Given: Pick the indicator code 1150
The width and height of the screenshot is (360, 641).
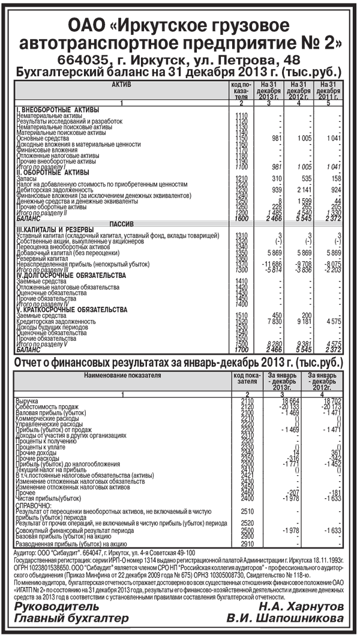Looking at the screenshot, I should coord(242,139).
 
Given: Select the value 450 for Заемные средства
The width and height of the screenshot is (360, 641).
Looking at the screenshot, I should coord(277,315).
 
